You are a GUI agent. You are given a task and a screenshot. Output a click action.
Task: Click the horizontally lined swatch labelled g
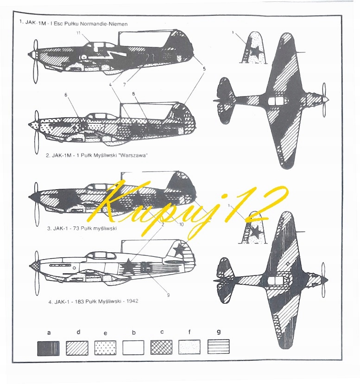click(218, 347)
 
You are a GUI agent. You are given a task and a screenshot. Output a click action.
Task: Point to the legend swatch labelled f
click(189, 347)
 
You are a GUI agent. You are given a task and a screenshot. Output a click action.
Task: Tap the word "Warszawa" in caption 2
click(134, 155)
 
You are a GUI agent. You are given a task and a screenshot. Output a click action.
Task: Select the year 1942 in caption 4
click(131, 301)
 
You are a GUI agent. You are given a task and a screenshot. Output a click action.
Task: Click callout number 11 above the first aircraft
click(79, 33)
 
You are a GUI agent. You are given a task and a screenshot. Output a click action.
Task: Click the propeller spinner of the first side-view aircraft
click(32, 55)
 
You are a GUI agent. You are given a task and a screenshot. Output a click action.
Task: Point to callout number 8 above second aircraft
click(133, 95)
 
